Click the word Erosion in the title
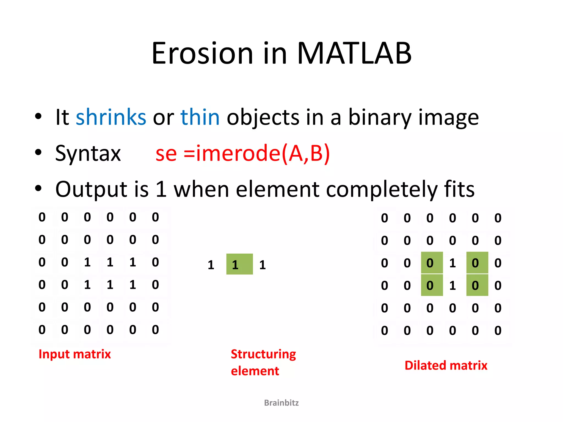click(x=202, y=54)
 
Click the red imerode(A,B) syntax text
click(x=263, y=153)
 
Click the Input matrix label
click(x=74, y=354)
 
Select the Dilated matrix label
click(x=446, y=366)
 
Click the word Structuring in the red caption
click(x=263, y=354)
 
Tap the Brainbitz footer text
click(x=281, y=403)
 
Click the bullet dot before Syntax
click(x=38, y=152)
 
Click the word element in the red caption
click(x=255, y=371)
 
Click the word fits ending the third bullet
click(x=459, y=190)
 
